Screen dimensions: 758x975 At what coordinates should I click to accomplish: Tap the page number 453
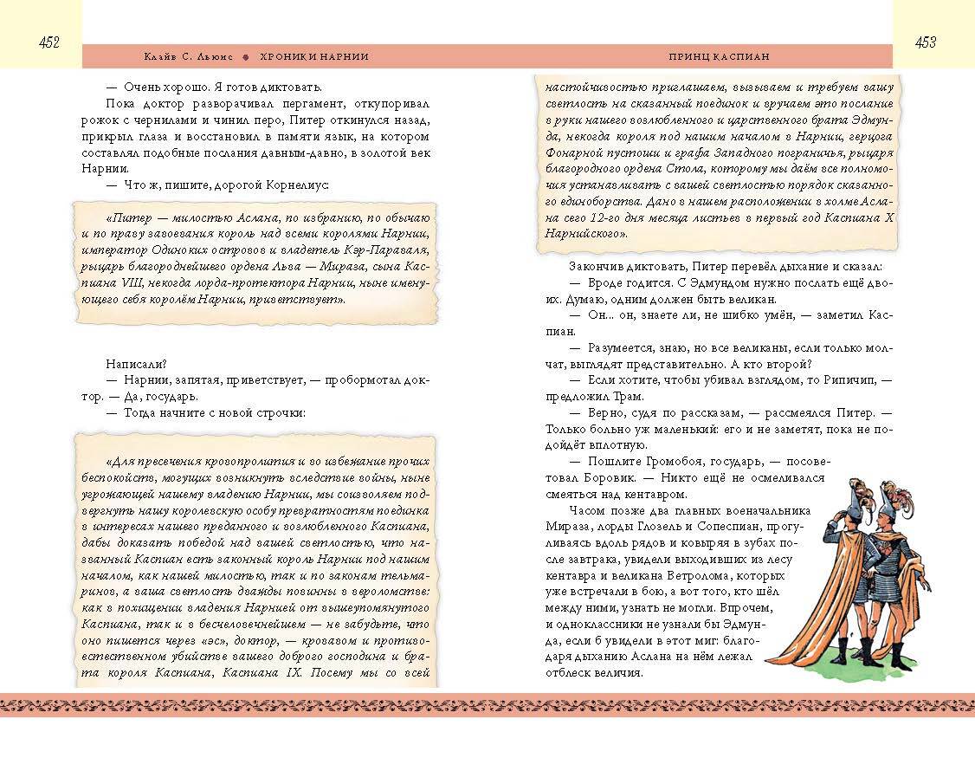click(x=926, y=42)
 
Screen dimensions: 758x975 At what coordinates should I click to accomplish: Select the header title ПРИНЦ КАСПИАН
click(x=720, y=56)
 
